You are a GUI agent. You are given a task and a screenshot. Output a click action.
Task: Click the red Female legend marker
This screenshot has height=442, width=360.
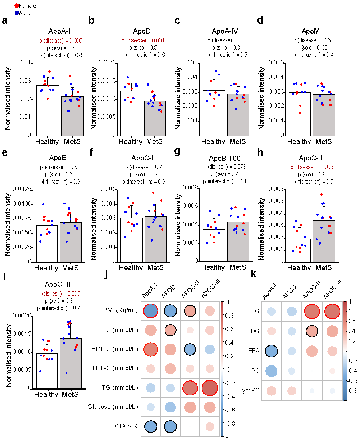16,6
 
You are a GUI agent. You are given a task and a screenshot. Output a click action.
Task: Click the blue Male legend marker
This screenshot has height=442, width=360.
16,12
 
